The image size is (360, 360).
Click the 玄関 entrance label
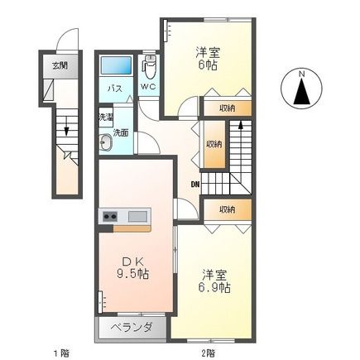[x=60, y=65]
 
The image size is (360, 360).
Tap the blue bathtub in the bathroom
[x=116, y=65]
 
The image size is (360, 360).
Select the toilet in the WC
[x=150, y=67]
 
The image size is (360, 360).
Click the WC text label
[x=148, y=87]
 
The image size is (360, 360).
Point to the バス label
[x=115, y=89]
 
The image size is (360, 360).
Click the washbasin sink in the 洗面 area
[x=105, y=142]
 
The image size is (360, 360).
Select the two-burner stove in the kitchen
[x=110, y=217]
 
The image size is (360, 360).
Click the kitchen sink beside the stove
[x=137, y=216]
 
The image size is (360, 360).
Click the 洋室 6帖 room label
[x=208, y=58]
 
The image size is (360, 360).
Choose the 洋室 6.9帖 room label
[x=214, y=281]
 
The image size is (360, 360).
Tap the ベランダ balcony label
[x=132, y=328]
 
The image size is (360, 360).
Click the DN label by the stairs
[x=195, y=185]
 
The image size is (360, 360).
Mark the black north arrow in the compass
[x=301, y=92]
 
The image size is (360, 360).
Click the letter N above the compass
[x=302, y=74]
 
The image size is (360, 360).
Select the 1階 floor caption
[x=61, y=353]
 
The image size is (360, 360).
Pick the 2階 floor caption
[x=207, y=353]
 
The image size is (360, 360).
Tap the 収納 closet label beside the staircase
[x=214, y=144]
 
